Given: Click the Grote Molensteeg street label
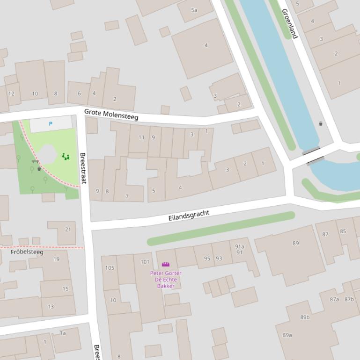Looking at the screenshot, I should [111, 115].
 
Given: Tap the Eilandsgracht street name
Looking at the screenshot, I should [189, 216].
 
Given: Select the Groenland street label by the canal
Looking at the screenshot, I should [289, 24].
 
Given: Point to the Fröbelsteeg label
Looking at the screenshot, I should [27, 252].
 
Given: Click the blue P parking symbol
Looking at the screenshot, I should [51, 124].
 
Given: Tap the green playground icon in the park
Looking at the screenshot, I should [66, 157].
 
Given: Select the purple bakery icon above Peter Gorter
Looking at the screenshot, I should [165, 265].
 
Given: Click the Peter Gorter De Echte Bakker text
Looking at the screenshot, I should [166, 279].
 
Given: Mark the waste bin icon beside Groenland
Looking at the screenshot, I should [321, 123].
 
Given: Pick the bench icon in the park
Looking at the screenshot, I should [35, 162].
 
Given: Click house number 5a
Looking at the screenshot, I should [194, 10].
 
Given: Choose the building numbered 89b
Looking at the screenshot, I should [305, 317].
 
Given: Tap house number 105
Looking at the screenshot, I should [110, 268].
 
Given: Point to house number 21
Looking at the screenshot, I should [68, 229].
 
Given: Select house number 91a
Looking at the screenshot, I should [239, 246].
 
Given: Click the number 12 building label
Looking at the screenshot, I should [11, 94].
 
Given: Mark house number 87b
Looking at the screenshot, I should [349, 299].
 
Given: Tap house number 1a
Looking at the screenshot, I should [63, 333].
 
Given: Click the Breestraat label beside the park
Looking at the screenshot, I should [83, 168].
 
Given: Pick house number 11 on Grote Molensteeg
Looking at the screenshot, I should [141, 137].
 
